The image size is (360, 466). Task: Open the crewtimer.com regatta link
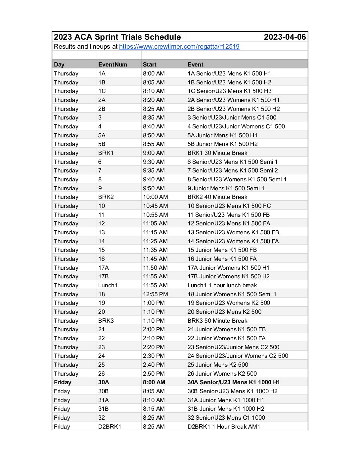[179, 47]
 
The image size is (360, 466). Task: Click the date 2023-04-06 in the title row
[285, 37]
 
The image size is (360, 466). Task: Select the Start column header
[150, 65]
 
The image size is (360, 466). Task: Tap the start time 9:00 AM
[154, 153]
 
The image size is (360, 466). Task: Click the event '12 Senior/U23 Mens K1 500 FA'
[229, 223]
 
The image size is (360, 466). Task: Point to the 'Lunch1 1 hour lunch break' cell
[222, 285]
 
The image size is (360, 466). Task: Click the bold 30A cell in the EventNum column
[104, 382]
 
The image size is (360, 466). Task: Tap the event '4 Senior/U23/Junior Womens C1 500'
[236, 126]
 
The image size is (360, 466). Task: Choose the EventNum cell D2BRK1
[110, 427]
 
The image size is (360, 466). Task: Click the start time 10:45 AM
[155, 206]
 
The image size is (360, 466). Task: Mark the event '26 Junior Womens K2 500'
[222, 374]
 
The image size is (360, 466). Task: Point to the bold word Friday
[63, 382]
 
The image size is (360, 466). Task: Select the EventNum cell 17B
[103, 276]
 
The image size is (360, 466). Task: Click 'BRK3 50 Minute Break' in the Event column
[217, 321]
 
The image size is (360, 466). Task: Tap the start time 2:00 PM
[154, 329]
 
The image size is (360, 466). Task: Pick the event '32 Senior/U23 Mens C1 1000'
[226, 418]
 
